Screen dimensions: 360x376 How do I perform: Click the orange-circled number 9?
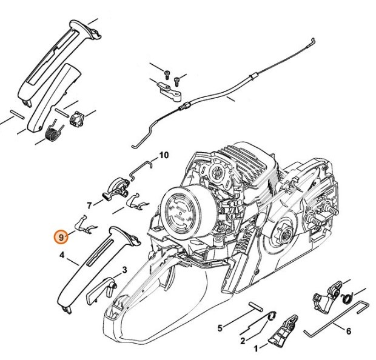coord(61,236)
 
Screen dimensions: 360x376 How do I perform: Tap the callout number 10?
coord(164,156)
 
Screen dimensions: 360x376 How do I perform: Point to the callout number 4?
coord(62,256)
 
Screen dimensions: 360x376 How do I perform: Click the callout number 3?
coord(124,270)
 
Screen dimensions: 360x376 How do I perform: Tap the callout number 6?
coord(348,331)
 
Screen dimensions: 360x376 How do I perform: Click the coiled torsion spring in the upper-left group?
coord(53,131)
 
